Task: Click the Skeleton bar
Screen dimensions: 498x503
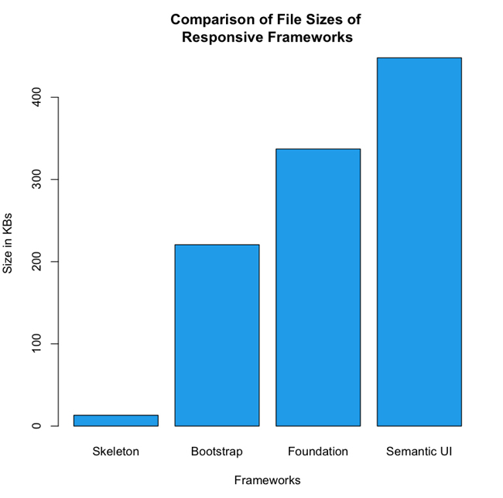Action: click(x=116, y=421)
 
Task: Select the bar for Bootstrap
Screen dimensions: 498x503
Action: click(x=217, y=335)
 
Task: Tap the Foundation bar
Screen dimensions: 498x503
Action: click(x=318, y=287)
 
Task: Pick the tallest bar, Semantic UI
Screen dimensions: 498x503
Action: click(x=419, y=242)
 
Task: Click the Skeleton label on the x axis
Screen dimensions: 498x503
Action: click(x=116, y=451)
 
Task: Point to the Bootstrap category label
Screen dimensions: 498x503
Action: click(x=217, y=451)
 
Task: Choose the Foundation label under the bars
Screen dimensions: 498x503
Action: click(x=318, y=451)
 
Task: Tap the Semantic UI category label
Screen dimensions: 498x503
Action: click(x=419, y=451)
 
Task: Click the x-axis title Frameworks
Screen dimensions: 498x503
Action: click(x=267, y=480)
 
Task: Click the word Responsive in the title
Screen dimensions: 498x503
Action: click(x=221, y=37)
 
